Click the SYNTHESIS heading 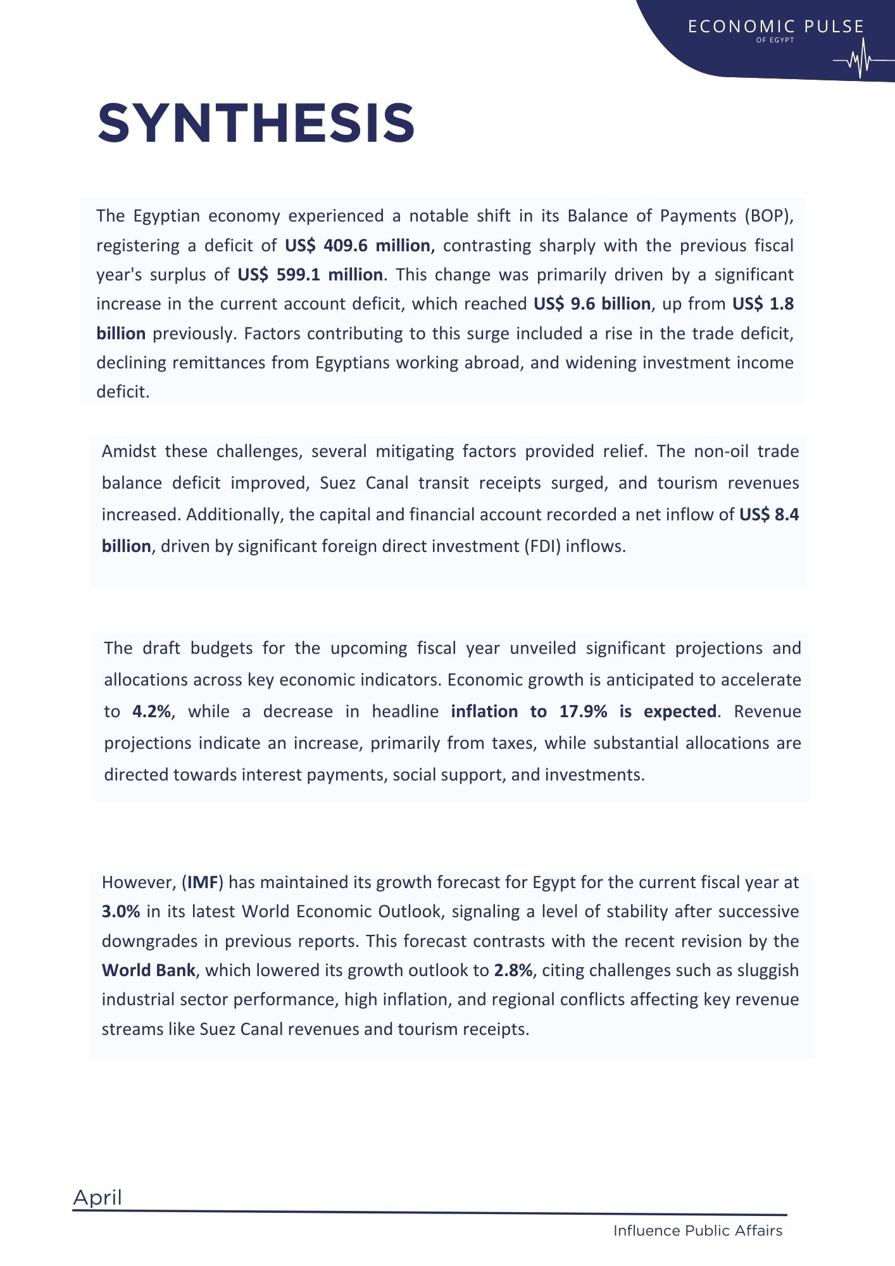point(256,123)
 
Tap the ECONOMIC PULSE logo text point(776,27)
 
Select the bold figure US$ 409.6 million point(358,246)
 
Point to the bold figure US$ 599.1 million point(310,275)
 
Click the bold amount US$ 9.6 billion point(592,304)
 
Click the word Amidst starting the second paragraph point(128,451)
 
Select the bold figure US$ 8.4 point(768,515)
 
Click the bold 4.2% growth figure point(152,711)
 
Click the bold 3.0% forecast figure point(121,912)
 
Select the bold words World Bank point(148,970)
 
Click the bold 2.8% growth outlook point(513,970)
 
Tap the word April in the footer point(97,1198)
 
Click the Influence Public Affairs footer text point(698,1231)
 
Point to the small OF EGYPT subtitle point(775,40)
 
